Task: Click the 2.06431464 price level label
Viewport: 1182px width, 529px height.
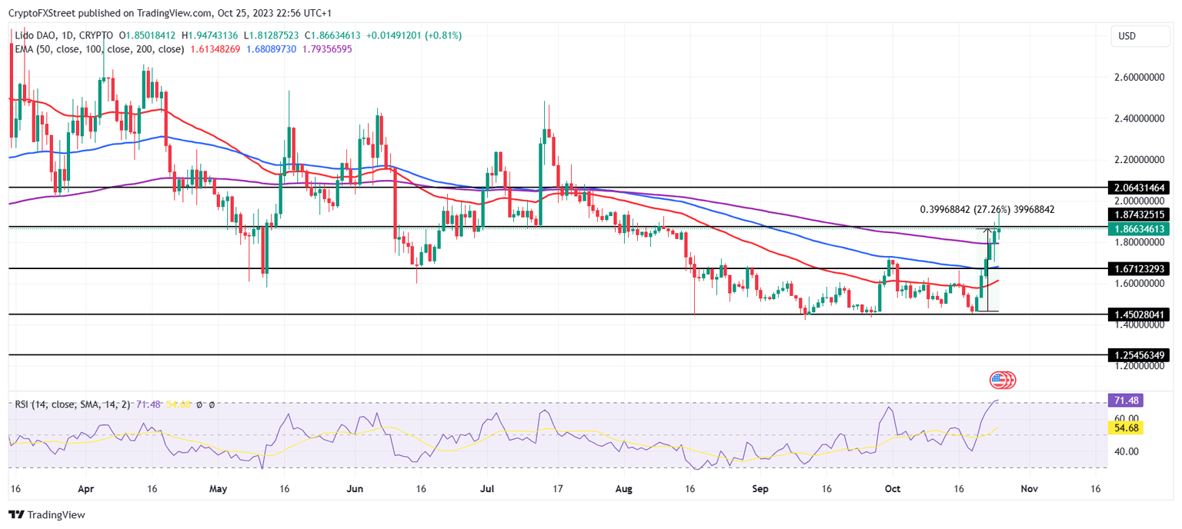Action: point(1139,188)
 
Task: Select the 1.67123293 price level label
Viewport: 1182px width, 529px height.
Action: point(1139,269)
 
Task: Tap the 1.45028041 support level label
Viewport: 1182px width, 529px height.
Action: point(1139,314)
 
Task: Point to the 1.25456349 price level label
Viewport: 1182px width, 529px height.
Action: point(1139,355)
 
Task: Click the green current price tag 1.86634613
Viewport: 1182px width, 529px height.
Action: point(1139,229)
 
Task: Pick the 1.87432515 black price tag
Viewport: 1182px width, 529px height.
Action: point(1139,215)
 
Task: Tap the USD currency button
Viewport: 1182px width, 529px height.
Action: point(1127,36)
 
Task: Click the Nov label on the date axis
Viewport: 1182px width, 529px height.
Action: point(1029,489)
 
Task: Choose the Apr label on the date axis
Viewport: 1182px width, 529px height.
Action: point(85,489)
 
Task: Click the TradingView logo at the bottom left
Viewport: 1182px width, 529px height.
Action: point(47,514)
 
